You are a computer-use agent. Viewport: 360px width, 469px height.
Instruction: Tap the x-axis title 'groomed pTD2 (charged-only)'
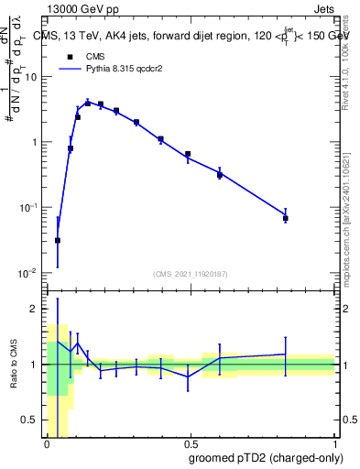click(x=266, y=457)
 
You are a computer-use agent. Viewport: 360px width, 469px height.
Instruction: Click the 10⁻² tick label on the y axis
click(x=27, y=273)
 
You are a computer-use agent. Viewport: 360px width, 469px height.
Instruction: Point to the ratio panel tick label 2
click(x=34, y=310)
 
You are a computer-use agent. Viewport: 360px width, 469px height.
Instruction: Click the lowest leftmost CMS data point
click(x=58, y=241)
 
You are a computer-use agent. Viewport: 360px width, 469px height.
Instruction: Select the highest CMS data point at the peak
click(x=88, y=103)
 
